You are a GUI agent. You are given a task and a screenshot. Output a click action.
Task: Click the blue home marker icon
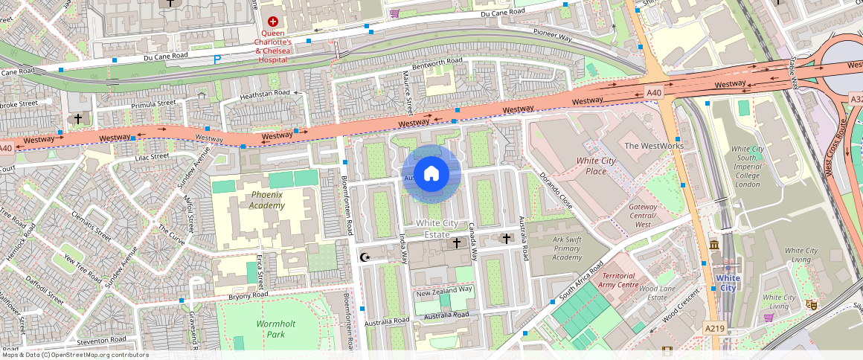(431, 174)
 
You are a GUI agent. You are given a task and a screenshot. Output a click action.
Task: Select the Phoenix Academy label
(267, 200)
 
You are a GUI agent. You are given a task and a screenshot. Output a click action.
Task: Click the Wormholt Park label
(276, 329)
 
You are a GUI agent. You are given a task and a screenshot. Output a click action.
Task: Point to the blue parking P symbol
(217, 60)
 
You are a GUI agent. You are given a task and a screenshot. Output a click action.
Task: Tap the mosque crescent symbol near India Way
(365, 257)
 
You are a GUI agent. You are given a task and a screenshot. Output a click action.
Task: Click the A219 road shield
(714, 327)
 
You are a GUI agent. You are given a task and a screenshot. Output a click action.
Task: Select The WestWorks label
(653, 146)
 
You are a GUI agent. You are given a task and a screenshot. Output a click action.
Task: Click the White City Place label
(596, 166)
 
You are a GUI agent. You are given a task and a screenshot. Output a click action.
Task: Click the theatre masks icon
(812, 304)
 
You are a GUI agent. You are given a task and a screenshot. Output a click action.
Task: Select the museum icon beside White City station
(713, 245)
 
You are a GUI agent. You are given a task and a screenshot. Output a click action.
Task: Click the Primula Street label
(153, 104)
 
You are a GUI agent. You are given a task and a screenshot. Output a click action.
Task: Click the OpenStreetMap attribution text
(75, 355)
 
